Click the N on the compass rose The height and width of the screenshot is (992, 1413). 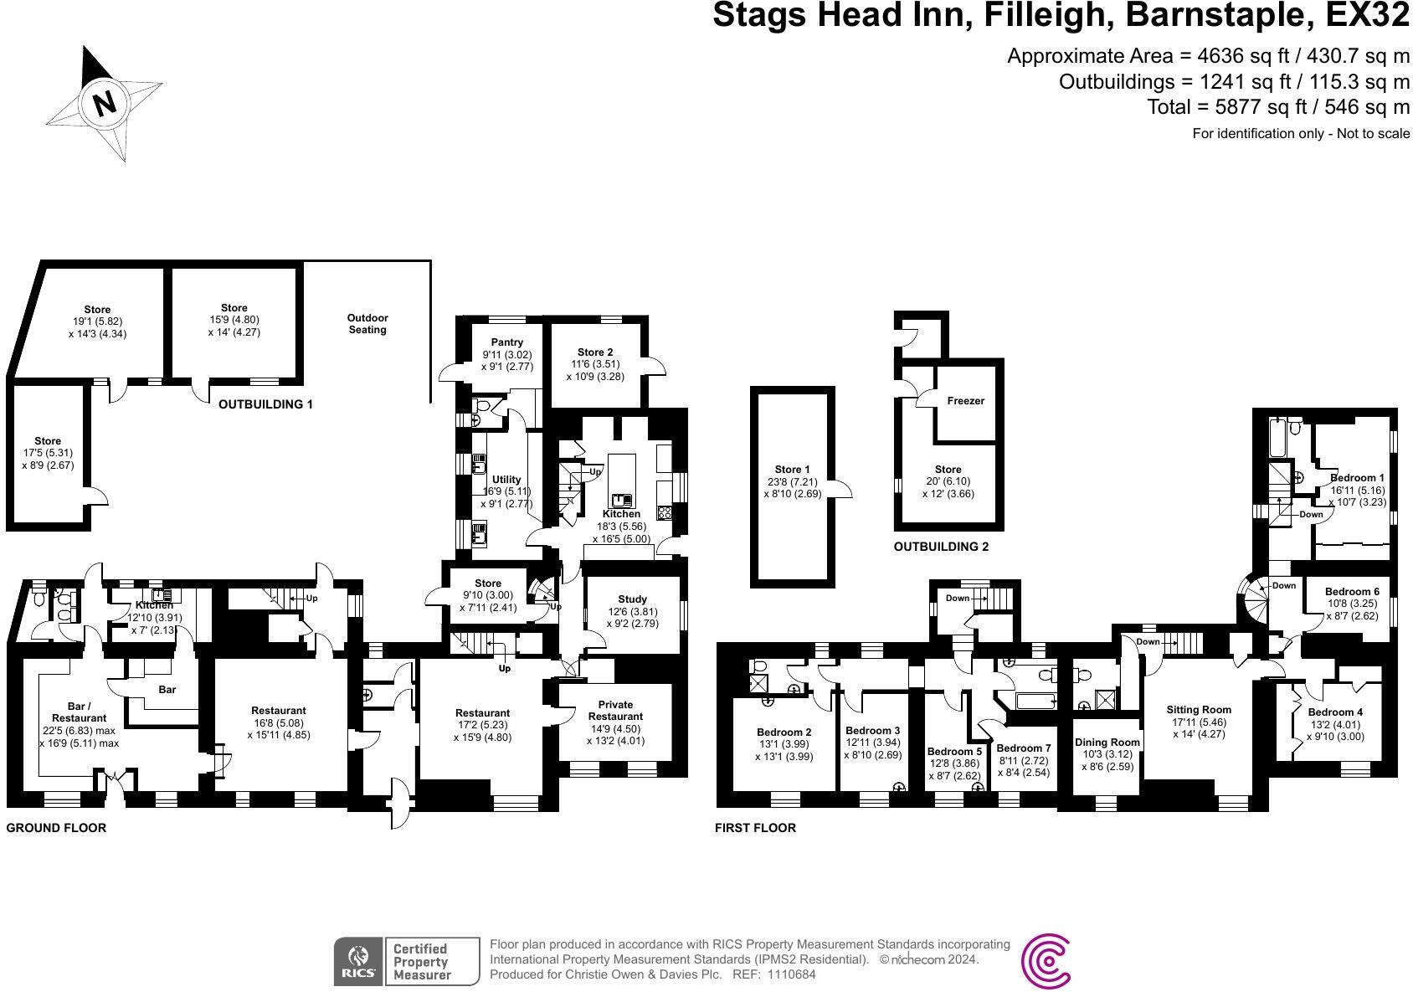(x=105, y=104)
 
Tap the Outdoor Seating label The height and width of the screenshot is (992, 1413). (x=367, y=324)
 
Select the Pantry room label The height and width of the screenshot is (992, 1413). (x=507, y=342)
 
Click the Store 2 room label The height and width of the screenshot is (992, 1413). (x=594, y=352)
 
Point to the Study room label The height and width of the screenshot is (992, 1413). (x=632, y=599)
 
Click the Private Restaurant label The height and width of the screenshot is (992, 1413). (x=615, y=710)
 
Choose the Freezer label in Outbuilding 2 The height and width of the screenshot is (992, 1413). (x=965, y=401)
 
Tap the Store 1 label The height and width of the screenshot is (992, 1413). (x=792, y=470)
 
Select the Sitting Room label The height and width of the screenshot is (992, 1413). (x=1199, y=710)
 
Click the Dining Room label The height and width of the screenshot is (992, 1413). (x=1107, y=743)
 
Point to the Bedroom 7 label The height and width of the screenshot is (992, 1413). (x=1023, y=748)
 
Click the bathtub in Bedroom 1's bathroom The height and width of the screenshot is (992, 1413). (x=1277, y=439)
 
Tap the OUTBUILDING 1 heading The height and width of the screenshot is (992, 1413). (x=265, y=404)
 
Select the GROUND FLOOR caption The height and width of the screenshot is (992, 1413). (x=56, y=828)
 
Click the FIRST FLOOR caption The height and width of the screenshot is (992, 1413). (x=754, y=828)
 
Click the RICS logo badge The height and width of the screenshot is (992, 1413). (x=359, y=961)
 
